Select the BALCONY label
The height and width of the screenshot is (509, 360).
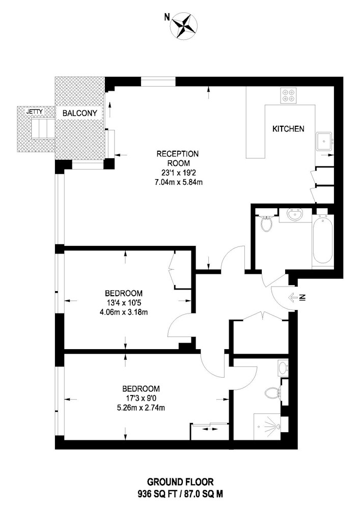[x=79, y=114]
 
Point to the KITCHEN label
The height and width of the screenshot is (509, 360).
[x=288, y=129]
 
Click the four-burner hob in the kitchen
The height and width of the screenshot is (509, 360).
[x=289, y=95]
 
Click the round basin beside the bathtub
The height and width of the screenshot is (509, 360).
[x=295, y=215]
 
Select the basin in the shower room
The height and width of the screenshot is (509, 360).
[x=284, y=368]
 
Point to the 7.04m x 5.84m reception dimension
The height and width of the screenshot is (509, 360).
[x=179, y=182]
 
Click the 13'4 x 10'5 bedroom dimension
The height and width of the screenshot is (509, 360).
[x=124, y=304]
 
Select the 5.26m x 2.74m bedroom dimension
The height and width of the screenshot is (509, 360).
[x=141, y=408]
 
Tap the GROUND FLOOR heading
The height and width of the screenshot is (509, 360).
[x=180, y=482]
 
